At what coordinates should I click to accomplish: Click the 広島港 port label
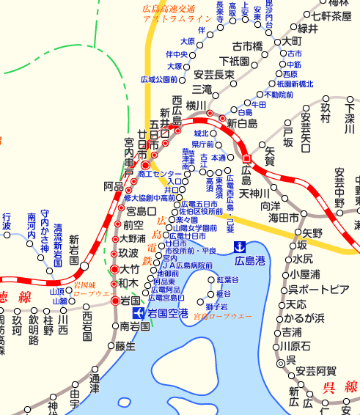[x=251, y=261]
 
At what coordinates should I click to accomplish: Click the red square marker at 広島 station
[x=247, y=158]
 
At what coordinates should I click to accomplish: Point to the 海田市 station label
[x=284, y=218]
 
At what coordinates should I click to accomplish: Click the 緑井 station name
[x=307, y=29]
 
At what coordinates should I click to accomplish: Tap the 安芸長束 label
[x=215, y=74]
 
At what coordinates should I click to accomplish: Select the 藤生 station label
[x=126, y=347]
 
